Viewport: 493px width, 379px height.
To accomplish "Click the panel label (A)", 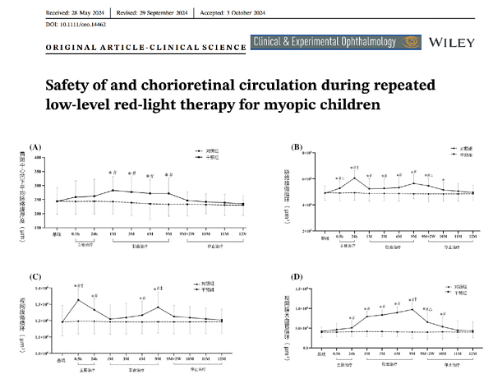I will pyautogui.click(x=35, y=146).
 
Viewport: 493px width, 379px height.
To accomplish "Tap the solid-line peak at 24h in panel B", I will pyautogui.click(x=355, y=178).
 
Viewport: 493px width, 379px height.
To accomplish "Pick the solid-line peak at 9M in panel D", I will pyautogui.click(x=412, y=309).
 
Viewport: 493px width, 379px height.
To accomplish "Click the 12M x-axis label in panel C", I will pyautogui.click(x=223, y=358).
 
